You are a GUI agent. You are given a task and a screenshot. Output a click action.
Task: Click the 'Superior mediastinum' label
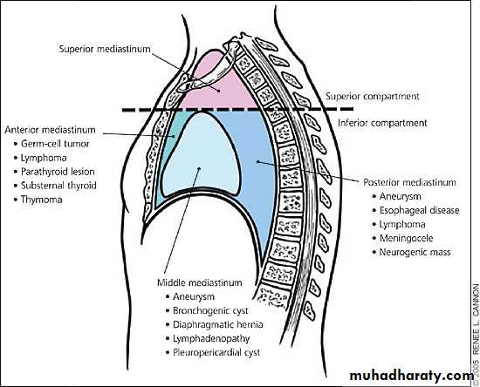click(x=105, y=49)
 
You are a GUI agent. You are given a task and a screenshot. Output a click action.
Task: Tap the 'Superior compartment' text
click(x=373, y=96)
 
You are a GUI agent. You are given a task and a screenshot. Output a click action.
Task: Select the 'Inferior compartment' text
click(x=382, y=123)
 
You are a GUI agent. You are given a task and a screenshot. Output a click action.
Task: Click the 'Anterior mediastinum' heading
click(x=50, y=130)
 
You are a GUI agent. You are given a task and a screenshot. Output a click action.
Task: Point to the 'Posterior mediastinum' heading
click(x=409, y=182)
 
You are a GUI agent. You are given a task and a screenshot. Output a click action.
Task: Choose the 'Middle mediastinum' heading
click(x=200, y=282)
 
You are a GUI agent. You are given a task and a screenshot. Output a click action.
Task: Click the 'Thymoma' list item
click(x=41, y=200)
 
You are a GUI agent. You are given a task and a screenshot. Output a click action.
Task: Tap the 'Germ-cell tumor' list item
click(x=55, y=144)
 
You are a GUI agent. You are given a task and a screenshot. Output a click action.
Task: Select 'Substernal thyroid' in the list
click(x=58, y=186)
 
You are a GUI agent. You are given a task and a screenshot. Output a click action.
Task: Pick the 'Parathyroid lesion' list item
click(x=58, y=172)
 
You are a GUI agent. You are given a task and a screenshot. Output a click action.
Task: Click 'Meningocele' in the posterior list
click(x=406, y=238)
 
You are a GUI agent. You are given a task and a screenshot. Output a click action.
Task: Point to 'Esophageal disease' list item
click(x=420, y=210)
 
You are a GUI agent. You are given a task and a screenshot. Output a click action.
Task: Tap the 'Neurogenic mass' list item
click(x=415, y=252)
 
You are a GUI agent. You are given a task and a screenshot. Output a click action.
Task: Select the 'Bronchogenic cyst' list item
click(x=210, y=310)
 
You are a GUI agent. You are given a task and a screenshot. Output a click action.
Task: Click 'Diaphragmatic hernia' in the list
click(x=217, y=324)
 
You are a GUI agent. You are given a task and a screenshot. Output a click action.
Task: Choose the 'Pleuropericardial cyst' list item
click(x=216, y=352)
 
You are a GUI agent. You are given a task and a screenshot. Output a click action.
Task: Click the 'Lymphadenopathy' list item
click(x=211, y=338)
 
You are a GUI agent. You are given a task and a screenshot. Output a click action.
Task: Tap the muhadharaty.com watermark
click(x=411, y=376)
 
